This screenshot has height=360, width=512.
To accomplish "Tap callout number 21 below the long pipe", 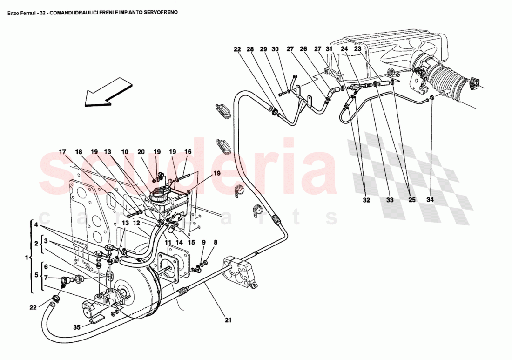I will click(228, 320).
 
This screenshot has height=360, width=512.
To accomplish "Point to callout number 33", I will click(390, 200).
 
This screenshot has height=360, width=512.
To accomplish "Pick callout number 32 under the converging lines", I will click(366, 200).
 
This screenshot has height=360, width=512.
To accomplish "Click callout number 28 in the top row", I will click(250, 49).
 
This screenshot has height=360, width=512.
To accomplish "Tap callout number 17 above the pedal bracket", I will click(62, 152).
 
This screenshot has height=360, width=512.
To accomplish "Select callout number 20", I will click(141, 152).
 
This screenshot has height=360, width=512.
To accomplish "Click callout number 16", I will click(188, 152).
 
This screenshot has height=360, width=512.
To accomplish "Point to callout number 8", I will click(215, 242).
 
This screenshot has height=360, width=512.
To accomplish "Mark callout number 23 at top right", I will click(357, 48).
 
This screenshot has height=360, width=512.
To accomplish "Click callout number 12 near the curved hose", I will click(136, 223).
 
